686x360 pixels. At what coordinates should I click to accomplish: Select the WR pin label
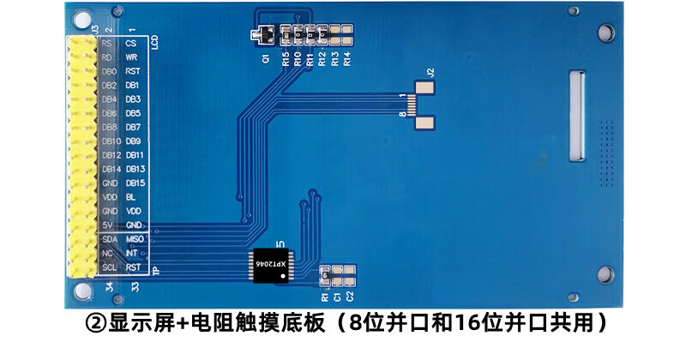click(x=131, y=57)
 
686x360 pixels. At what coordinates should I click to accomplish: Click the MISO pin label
click(x=134, y=239)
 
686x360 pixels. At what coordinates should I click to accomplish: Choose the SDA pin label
click(x=110, y=239)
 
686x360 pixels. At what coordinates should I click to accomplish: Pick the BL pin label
click(x=131, y=197)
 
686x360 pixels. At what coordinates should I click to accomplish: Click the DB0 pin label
click(x=110, y=71)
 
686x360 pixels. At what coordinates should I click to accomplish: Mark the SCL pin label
click(x=109, y=267)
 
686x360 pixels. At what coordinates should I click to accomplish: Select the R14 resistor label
click(x=346, y=59)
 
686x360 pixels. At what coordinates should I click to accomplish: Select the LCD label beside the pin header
click(x=154, y=42)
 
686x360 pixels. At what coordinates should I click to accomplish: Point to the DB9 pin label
click(x=134, y=141)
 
